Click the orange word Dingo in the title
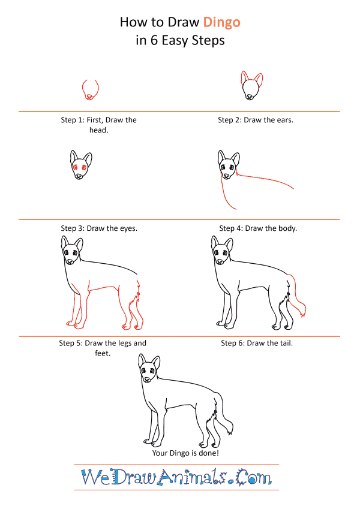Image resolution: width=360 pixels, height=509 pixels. (x=221, y=23)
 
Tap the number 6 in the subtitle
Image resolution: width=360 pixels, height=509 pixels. (x=154, y=41)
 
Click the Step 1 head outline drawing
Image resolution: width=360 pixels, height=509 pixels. (x=90, y=89)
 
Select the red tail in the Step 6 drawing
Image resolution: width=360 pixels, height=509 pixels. (x=296, y=296)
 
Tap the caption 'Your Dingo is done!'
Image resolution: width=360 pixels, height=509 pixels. (x=185, y=453)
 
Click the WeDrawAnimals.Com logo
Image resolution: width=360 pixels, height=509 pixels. (x=176, y=477)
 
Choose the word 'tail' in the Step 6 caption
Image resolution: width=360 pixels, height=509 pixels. (x=286, y=343)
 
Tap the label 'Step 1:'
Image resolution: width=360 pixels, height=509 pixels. (x=73, y=120)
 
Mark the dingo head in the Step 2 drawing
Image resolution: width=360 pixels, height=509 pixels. (x=251, y=86)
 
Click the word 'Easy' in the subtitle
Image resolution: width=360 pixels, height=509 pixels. (x=174, y=41)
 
